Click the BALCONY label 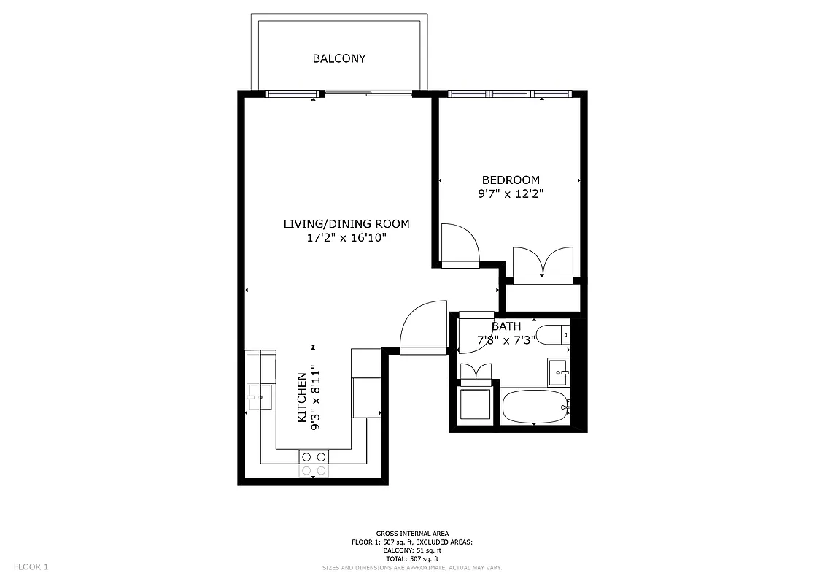click(x=339, y=58)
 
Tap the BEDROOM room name click(x=511, y=180)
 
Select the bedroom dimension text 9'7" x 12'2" click(x=511, y=194)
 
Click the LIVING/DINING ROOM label click(x=346, y=223)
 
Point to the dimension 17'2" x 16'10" click(x=346, y=237)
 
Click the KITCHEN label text click(x=301, y=398)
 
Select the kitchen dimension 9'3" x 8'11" click(x=315, y=398)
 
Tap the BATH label click(x=506, y=326)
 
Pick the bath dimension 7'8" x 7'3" click(x=506, y=339)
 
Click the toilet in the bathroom click(x=555, y=335)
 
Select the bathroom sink click(x=559, y=372)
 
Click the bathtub click(x=535, y=407)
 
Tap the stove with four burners click(x=314, y=464)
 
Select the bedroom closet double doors click(x=543, y=263)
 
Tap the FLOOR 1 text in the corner click(x=31, y=566)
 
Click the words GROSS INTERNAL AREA click(x=412, y=534)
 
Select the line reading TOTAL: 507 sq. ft click(x=412, y=558)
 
